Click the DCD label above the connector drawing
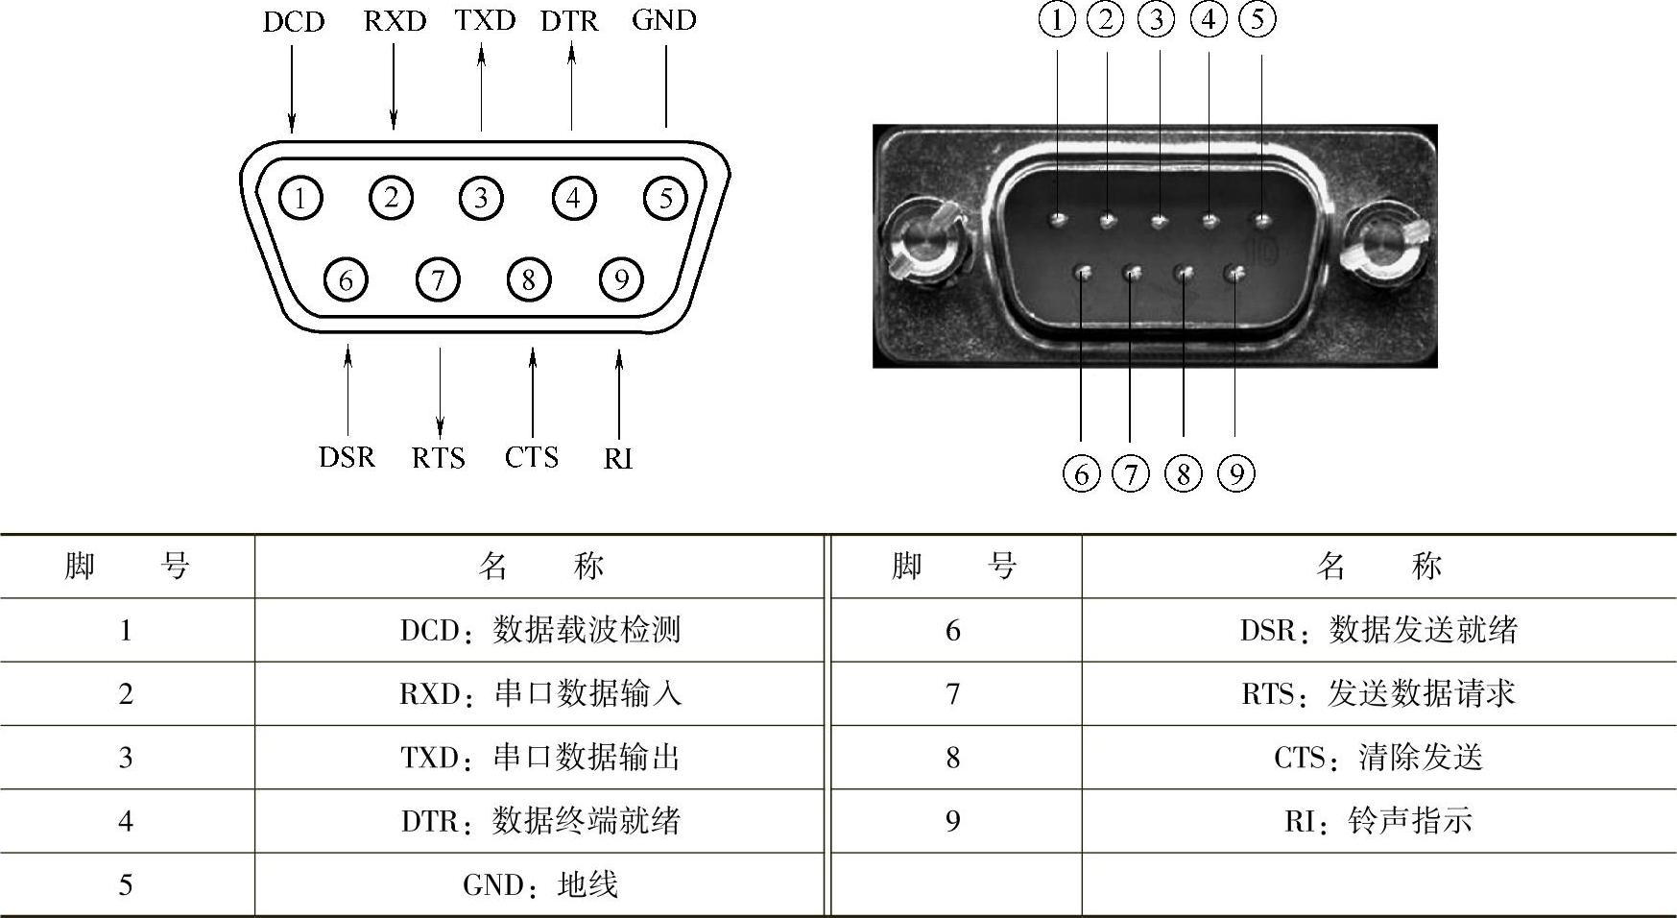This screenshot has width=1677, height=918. (294, 22)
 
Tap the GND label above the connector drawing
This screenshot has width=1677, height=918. (663, 20)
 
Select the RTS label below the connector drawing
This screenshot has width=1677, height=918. (438, 458)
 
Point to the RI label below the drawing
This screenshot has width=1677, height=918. (617, 459)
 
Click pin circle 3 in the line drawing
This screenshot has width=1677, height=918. (481, 198)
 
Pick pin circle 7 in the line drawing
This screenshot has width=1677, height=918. (438, 279)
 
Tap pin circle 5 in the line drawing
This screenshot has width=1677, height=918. (665, 198)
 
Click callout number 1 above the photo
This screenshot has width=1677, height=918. (1057, 19)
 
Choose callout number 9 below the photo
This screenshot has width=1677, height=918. (1235, 473)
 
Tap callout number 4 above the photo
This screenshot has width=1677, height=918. (1208, 19)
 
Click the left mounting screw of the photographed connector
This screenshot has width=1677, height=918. (922, 239)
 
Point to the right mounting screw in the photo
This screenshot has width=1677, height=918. (1383, 239)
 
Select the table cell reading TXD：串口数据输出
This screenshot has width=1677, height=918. (539, 758)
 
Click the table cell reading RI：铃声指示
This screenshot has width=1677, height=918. (1378, 821)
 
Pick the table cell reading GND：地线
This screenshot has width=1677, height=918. (539, 884)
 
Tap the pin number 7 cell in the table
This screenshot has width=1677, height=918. (952, 693)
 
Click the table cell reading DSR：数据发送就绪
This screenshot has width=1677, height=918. (1378, 630)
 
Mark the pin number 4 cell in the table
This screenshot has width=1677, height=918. (126, 821)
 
